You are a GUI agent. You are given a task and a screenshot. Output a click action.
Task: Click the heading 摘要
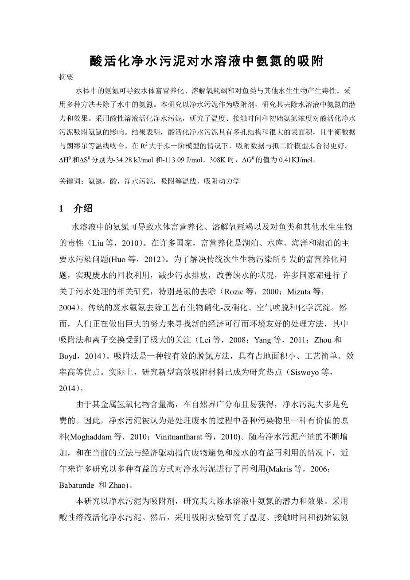click(66, 77)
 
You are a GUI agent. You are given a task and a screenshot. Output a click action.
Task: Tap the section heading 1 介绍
click(76, 209)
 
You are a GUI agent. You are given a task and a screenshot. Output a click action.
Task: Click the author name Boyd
click(68, 355)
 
